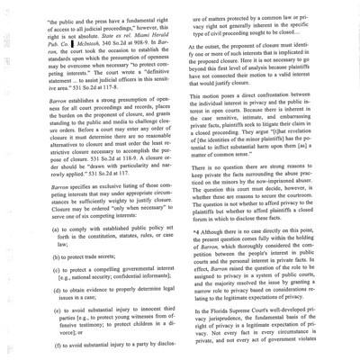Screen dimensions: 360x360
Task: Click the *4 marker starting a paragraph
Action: click(x=196, y=235)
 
